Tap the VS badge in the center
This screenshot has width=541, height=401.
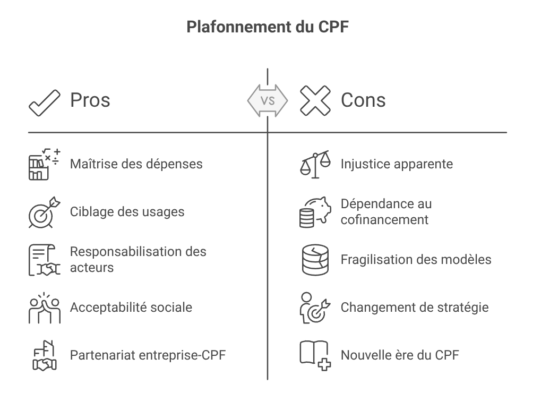tap(268, 100)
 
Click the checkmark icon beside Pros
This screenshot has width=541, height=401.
tap(45, 101)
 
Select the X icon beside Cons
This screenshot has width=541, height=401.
tap(315, 100)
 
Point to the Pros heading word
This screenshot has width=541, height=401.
tap(90, 100)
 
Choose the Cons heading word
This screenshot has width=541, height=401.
tap(363, 100)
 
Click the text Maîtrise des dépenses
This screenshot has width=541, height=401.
tap(136, 164)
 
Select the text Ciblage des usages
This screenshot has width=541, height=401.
tap(127, 211)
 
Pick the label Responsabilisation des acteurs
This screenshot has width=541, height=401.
tap(138, 259)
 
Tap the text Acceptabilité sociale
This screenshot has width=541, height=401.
tap(131, 307)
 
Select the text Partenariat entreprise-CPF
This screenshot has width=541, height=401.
tap(148, 355)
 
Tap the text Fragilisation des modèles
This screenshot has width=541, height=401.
tap(416, 260)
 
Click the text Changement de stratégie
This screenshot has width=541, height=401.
tap(414, 307)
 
